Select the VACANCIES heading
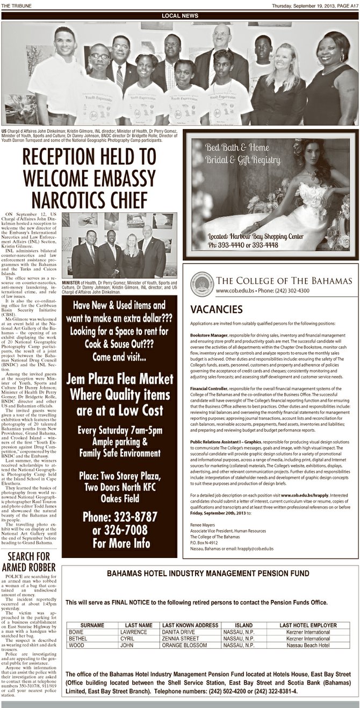click(213, 310)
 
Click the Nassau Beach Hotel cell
click(308, 645)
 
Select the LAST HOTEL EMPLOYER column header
click(308, 625)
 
